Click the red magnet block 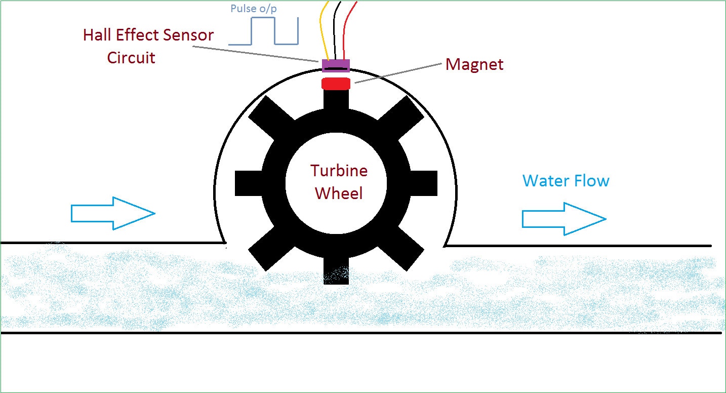pos(336,84)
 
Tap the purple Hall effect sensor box pos(336,66)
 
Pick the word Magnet pos(474,65)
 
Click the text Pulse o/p pos(253,9)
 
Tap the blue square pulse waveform pos(263,32)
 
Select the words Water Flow pos(566,181)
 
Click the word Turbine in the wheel pos(339,171)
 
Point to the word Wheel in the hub pos(339,193)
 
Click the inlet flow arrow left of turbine pos(112,213)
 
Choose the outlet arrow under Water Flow pos(563,219)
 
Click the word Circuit pos(131,58)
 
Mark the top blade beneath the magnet pos(336,100)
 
